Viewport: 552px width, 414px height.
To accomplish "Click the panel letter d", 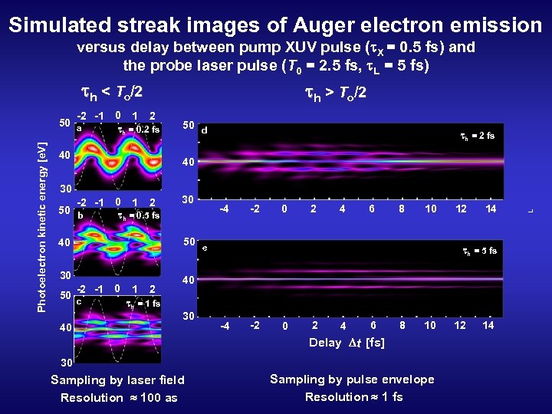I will point(204,131).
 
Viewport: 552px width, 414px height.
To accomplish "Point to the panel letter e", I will point(204,248).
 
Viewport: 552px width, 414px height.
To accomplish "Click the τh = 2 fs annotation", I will point(477,136).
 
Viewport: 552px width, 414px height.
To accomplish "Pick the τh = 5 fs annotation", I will point(478,251).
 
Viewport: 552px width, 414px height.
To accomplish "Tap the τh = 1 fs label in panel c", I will point(143,303).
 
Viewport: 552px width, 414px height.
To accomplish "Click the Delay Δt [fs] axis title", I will point(347,343).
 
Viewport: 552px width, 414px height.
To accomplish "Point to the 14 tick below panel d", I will point(491,209).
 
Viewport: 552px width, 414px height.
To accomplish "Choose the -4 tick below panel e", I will point(225,327).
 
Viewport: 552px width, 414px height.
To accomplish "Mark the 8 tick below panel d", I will point(402,209).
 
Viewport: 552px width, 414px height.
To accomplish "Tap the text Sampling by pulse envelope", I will point(352,379).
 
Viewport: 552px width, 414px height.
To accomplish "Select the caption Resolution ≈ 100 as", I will point(119,397).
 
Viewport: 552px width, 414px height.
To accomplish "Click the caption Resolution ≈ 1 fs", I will point(353,396).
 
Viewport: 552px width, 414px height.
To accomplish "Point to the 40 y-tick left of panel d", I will point(188,163).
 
